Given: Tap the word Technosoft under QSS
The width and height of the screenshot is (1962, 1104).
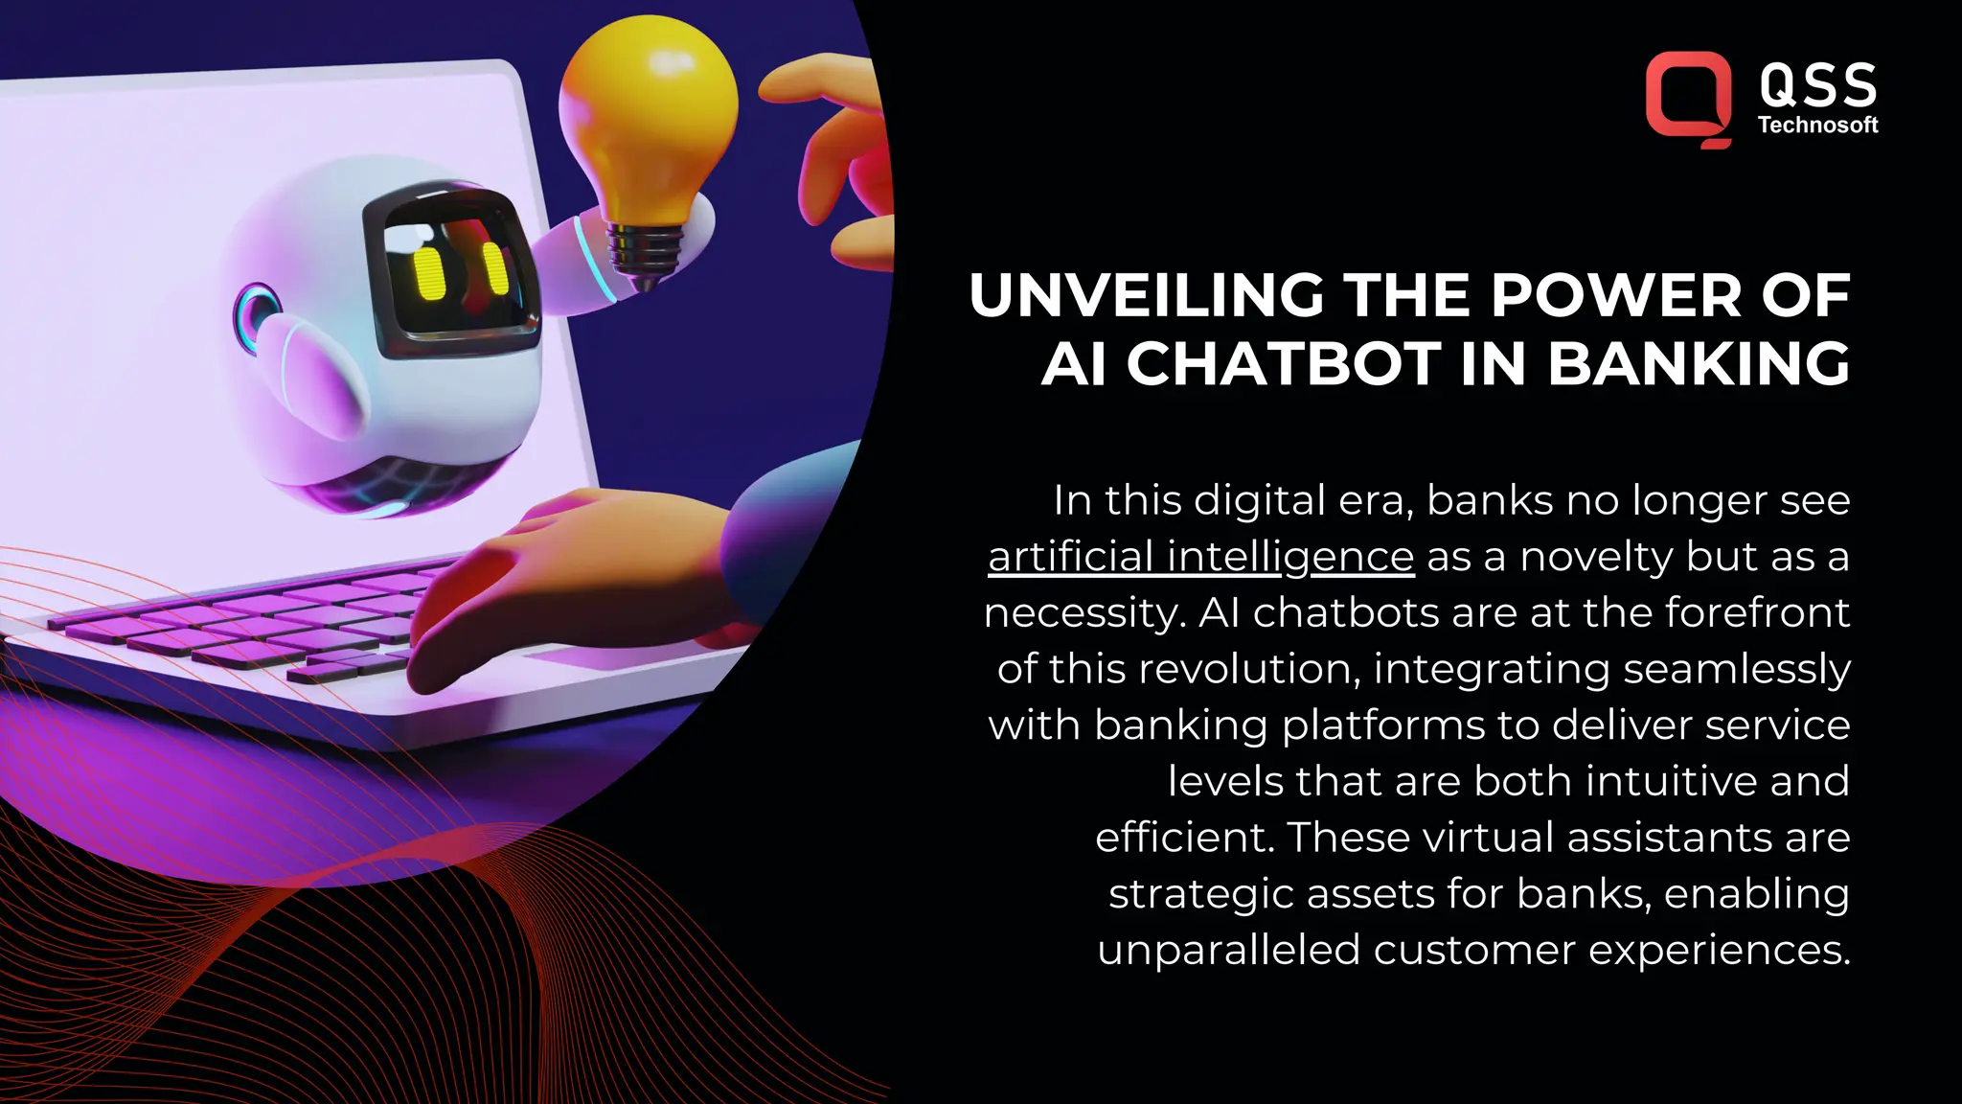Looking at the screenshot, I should point(1817,125).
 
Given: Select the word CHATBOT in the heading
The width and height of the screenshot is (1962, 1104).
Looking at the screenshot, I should point(1284,364).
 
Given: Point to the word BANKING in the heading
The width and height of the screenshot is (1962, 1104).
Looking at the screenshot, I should point(1699,364).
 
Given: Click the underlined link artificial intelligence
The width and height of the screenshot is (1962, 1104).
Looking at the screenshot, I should point(1200,557).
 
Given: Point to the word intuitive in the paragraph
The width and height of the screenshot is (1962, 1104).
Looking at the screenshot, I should point(1671,781).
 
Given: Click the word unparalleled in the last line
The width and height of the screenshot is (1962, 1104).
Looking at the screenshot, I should point(1228,950).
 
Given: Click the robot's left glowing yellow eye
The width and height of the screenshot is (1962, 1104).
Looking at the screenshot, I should point(428,275).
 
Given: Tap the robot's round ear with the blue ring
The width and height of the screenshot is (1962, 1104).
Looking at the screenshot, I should point(256,313).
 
